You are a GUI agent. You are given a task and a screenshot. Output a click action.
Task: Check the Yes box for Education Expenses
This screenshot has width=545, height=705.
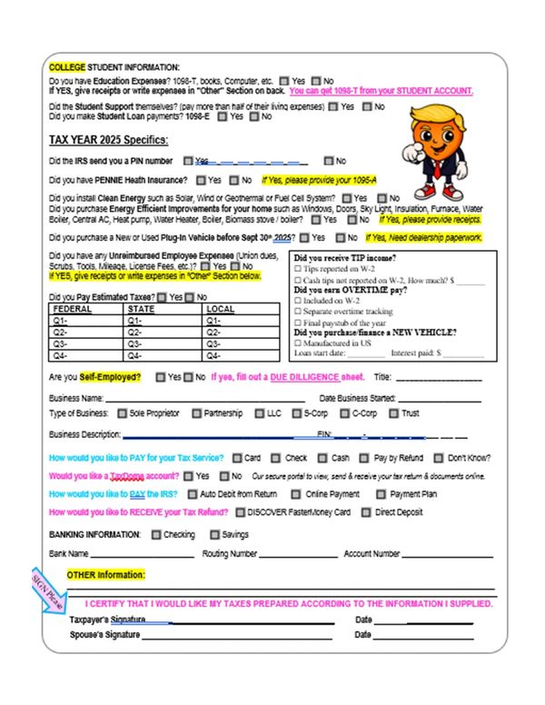tap(284, 80)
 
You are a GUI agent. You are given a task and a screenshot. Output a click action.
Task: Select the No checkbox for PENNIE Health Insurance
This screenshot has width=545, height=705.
tap(234, 180)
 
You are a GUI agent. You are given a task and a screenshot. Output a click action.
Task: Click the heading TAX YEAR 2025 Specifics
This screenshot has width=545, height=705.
tap(108, 140)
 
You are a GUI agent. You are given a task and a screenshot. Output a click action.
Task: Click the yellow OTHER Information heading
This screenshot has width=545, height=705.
tap(105, 574)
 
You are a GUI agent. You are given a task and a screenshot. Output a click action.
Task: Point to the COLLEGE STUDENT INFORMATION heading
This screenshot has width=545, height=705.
tap(114, 67)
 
